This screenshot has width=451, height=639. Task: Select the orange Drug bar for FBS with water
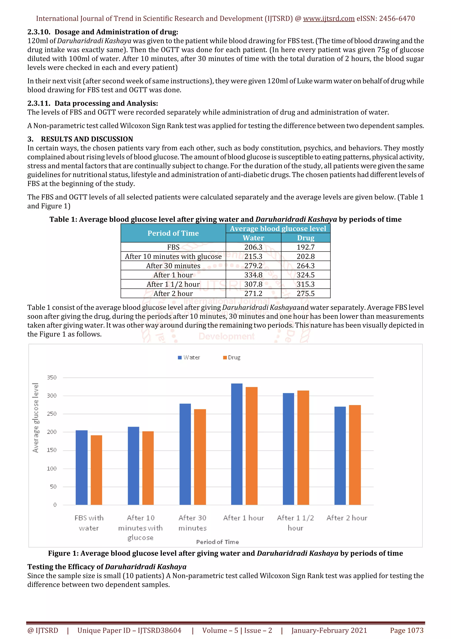[96, 470]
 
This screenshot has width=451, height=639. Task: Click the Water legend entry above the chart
[189, 357]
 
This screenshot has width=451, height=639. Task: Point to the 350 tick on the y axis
[52, 378]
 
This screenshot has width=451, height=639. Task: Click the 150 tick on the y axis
[52, 450]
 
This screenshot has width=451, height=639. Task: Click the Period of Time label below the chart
[217, 542]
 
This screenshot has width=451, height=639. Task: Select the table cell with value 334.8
[253, 275]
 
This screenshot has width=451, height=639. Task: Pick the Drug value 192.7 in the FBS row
[305, 247]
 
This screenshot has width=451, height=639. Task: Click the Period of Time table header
[173, 233]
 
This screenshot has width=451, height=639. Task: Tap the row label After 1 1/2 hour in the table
[173, 284]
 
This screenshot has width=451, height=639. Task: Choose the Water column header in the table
[253, 238]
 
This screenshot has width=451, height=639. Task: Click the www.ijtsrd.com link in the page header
[329, 19]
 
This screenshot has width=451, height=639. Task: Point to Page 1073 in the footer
[407, 630]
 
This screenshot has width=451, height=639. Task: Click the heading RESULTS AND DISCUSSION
[87, 139]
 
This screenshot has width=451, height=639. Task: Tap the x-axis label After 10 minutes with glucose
[140, 528]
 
